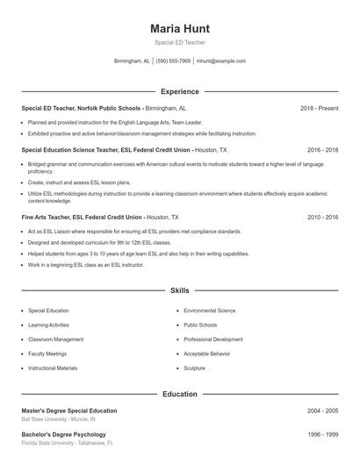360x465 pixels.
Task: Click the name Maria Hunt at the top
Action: point(180,29)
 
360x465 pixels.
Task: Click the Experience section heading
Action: point(180,91)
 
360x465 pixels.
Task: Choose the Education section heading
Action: point(180,394)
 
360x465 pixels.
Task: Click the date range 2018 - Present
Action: point(319,108)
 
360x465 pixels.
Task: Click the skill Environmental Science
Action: point(209,311)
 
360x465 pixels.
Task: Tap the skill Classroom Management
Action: point(56,340)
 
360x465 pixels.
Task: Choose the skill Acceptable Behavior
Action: point(208,354)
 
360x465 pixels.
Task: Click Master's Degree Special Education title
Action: point(68,411)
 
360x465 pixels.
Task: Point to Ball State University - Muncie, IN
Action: point(59,419)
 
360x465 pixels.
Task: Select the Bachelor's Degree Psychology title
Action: point(61,434)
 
